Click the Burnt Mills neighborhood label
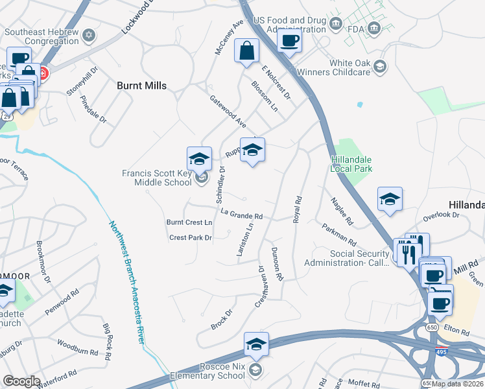tap(141, 86)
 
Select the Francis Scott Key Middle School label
tap(157, 178)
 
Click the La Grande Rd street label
tap(241, 215)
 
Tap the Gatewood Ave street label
tap(228, 111)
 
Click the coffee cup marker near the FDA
tap(289, 40)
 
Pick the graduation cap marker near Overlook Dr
tap(390, 199)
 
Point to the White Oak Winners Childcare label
tap(349, 67)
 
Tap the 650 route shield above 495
tap(431, 329)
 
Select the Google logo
tap(21, 381)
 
